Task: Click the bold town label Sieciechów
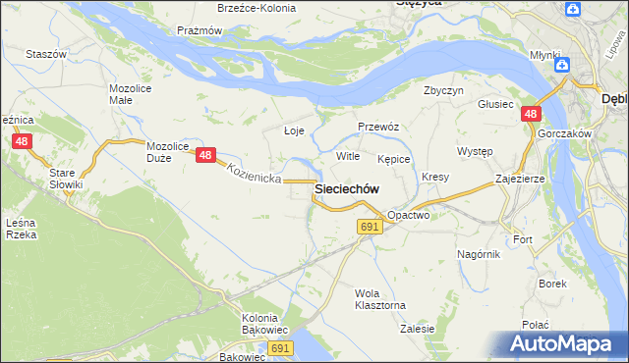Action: tap(346, 188)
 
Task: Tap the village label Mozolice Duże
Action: tap(167, 152)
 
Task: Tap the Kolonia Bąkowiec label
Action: tap(264, 324)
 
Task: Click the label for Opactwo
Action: tap(408, 214)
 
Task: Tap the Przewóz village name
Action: tap(377, 127)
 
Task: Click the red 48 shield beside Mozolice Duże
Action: tap(205, 155)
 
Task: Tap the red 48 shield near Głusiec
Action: tap(531, 115)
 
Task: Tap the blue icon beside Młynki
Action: tap(562, 65)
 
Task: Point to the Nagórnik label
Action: tap(479, 253)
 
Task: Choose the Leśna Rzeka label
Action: tap(22, 229)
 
